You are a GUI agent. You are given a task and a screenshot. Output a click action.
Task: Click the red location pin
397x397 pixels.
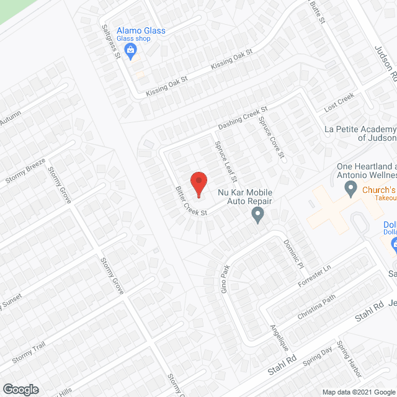coord(198,184)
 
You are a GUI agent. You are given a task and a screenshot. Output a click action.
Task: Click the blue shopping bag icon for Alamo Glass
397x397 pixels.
coord(130,53)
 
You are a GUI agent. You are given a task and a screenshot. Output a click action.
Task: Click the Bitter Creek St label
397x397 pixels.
coord(190,200)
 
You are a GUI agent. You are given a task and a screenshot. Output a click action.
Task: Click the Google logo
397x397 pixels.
coord(20,389)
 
